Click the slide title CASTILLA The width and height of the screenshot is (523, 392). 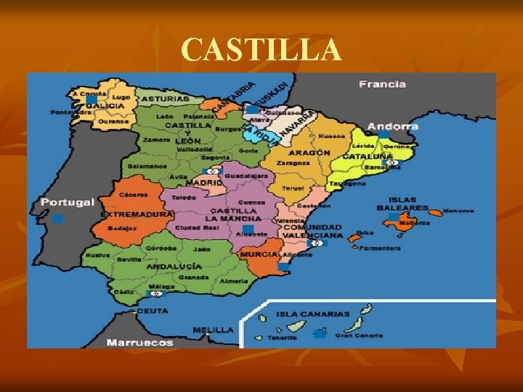coord(261,50)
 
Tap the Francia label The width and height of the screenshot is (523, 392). coord(382,84)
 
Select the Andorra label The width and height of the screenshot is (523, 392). coord(397,126)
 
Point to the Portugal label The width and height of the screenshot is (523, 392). coord(68,202)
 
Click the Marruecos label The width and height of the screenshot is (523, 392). coord(139,342)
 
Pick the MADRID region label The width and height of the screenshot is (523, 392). coord(204,183)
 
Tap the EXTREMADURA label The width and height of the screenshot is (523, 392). coord(137,215)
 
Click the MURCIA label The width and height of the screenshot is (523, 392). coord(258,255)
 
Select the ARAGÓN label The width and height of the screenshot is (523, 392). coord(309,153)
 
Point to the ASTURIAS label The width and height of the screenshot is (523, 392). coord(165,98)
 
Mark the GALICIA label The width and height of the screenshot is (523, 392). coord(105,106)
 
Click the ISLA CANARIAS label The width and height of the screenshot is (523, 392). coord(312,314)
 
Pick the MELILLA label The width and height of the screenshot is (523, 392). coord(213,330)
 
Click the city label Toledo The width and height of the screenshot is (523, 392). coord(183,197)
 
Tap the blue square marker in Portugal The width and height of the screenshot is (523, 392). coord(58,219)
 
